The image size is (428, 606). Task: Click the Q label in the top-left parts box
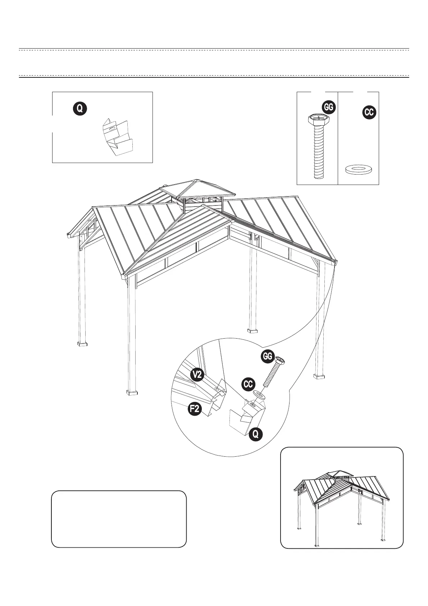(x=80, y=108)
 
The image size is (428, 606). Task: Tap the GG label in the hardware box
(x=328, y=107)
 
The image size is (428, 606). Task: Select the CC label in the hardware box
(x=369, y=112)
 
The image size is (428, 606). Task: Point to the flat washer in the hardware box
(x=359, y=169)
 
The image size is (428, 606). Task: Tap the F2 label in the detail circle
(x=195, y=409)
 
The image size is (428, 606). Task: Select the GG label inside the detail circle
(x=267, y=356)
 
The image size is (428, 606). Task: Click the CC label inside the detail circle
(x=248, y=384)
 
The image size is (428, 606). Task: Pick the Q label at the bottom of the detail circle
(x=255, y=434)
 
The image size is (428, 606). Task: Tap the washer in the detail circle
(x=260, y=395)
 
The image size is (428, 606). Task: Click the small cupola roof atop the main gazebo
(x=196, y=189)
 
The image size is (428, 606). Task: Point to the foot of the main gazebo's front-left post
(x=132, y=392)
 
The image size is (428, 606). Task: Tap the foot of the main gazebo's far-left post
(x=83, y=344)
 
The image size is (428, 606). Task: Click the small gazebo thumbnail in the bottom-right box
(x=342, y=504)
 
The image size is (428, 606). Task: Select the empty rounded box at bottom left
(x=119, y=519)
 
